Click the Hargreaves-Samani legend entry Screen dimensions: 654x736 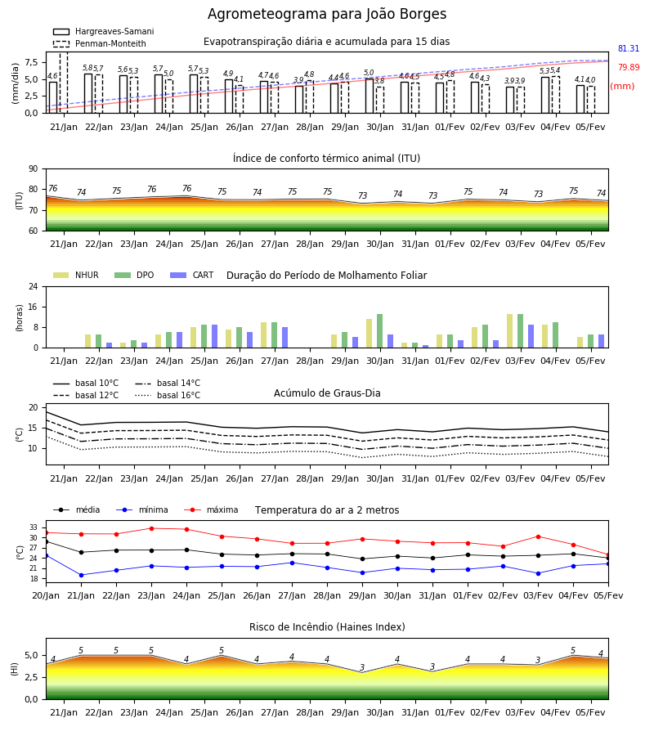pyautogui.click(x=103, y=31)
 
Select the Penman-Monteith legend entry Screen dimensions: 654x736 pyautogui.click(x=100, y=43)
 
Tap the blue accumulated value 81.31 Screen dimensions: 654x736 pyautogui.click(x=628, y=48)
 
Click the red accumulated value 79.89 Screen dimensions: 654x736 pyautogui.click(x=628, y=67)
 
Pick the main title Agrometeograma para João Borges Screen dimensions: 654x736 pyautogui.click(x=327, y=14)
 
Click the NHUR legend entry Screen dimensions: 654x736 pyautogui.click(x=76, y=275)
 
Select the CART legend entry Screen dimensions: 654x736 pyautogui.click(x=192, y=275)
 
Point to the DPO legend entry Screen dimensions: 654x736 pyautogui.click(x=134, y=275)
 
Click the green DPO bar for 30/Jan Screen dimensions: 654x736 pyautogui.click(x=379, y=331)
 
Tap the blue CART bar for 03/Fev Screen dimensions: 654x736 pyautogui.click(x=531, y=336)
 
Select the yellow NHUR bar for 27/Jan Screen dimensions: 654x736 pyautogui.click(x=264, y=335)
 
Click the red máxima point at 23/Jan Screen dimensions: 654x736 pyautogui.click(x=151, y=528)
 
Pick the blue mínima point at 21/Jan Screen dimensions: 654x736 pyautogui.click(x=81, y=575)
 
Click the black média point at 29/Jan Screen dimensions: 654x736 pyautogui.click(x=362, y=559)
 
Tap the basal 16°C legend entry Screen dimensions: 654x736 pyautogui.click(x=168, y=395)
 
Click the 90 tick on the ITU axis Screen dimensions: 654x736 pyautogui.click(x=34, y=169)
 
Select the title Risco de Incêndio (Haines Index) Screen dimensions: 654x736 pyautogui.click(x=327, y=626)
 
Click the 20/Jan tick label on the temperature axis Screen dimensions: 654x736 pyautogui.click(x=46, y=595)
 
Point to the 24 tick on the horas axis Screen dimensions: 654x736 pyautogui.click(x=34, y=287)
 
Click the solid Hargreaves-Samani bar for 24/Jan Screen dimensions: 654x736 pyautogui.click(x=159, y=94)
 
